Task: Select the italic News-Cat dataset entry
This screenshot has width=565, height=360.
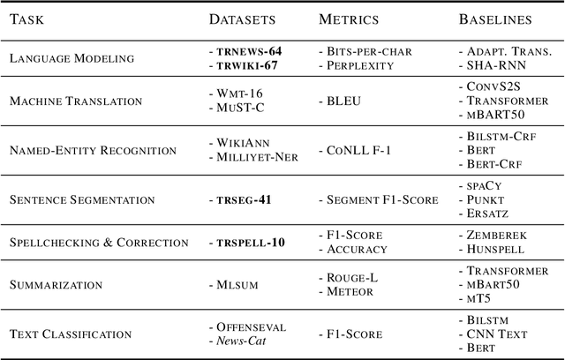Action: [245, 341]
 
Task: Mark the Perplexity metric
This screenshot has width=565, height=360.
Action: [358, 65]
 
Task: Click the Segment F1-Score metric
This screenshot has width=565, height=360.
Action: [382, 199]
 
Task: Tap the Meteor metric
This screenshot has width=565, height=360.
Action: [350, 291]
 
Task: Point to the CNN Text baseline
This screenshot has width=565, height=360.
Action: [497, 334]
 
